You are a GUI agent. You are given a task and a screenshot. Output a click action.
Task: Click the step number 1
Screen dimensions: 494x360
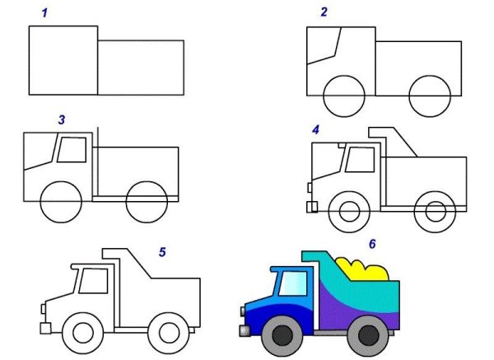click(44, 13)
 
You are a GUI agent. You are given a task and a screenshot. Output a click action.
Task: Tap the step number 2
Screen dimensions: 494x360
click(324, 12)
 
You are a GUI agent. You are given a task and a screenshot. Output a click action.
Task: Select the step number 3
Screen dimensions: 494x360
click(62, 119)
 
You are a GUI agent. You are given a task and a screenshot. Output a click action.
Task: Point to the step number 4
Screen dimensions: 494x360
click(315, 129)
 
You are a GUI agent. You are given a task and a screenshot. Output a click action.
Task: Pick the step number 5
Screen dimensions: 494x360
click(162, 252)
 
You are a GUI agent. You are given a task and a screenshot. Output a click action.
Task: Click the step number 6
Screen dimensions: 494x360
click(372, 244)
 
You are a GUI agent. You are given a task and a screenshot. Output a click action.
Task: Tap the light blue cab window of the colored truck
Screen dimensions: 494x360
click(293, 283)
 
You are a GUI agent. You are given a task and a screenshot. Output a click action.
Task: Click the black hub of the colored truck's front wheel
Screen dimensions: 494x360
click(282, 336)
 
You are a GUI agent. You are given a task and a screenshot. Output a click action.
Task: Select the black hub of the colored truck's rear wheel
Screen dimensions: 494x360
click(369, 336)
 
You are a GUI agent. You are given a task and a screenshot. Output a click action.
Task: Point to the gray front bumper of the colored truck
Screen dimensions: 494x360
click(245, 331)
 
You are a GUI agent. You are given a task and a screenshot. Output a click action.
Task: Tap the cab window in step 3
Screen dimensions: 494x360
click(72, 150)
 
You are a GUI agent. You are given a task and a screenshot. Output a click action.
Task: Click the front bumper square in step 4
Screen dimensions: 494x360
click(312, 207)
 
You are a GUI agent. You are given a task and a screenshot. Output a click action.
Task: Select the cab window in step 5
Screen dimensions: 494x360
click(94, 281)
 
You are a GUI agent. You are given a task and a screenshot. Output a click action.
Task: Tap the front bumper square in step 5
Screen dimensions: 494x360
click(45, 329)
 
